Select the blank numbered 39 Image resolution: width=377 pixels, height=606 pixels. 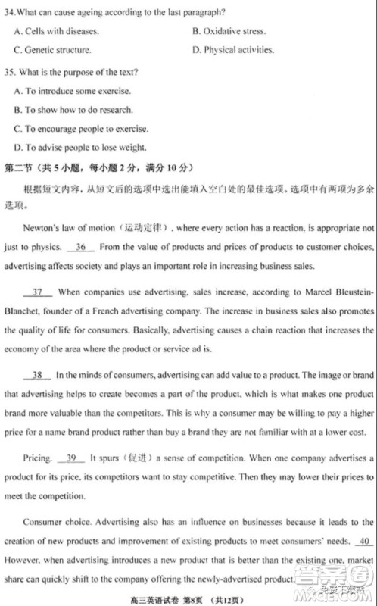coord(71,458)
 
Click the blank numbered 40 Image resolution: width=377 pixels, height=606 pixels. coord(363,541)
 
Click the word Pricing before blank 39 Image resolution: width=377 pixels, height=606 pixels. coord(38,458)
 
